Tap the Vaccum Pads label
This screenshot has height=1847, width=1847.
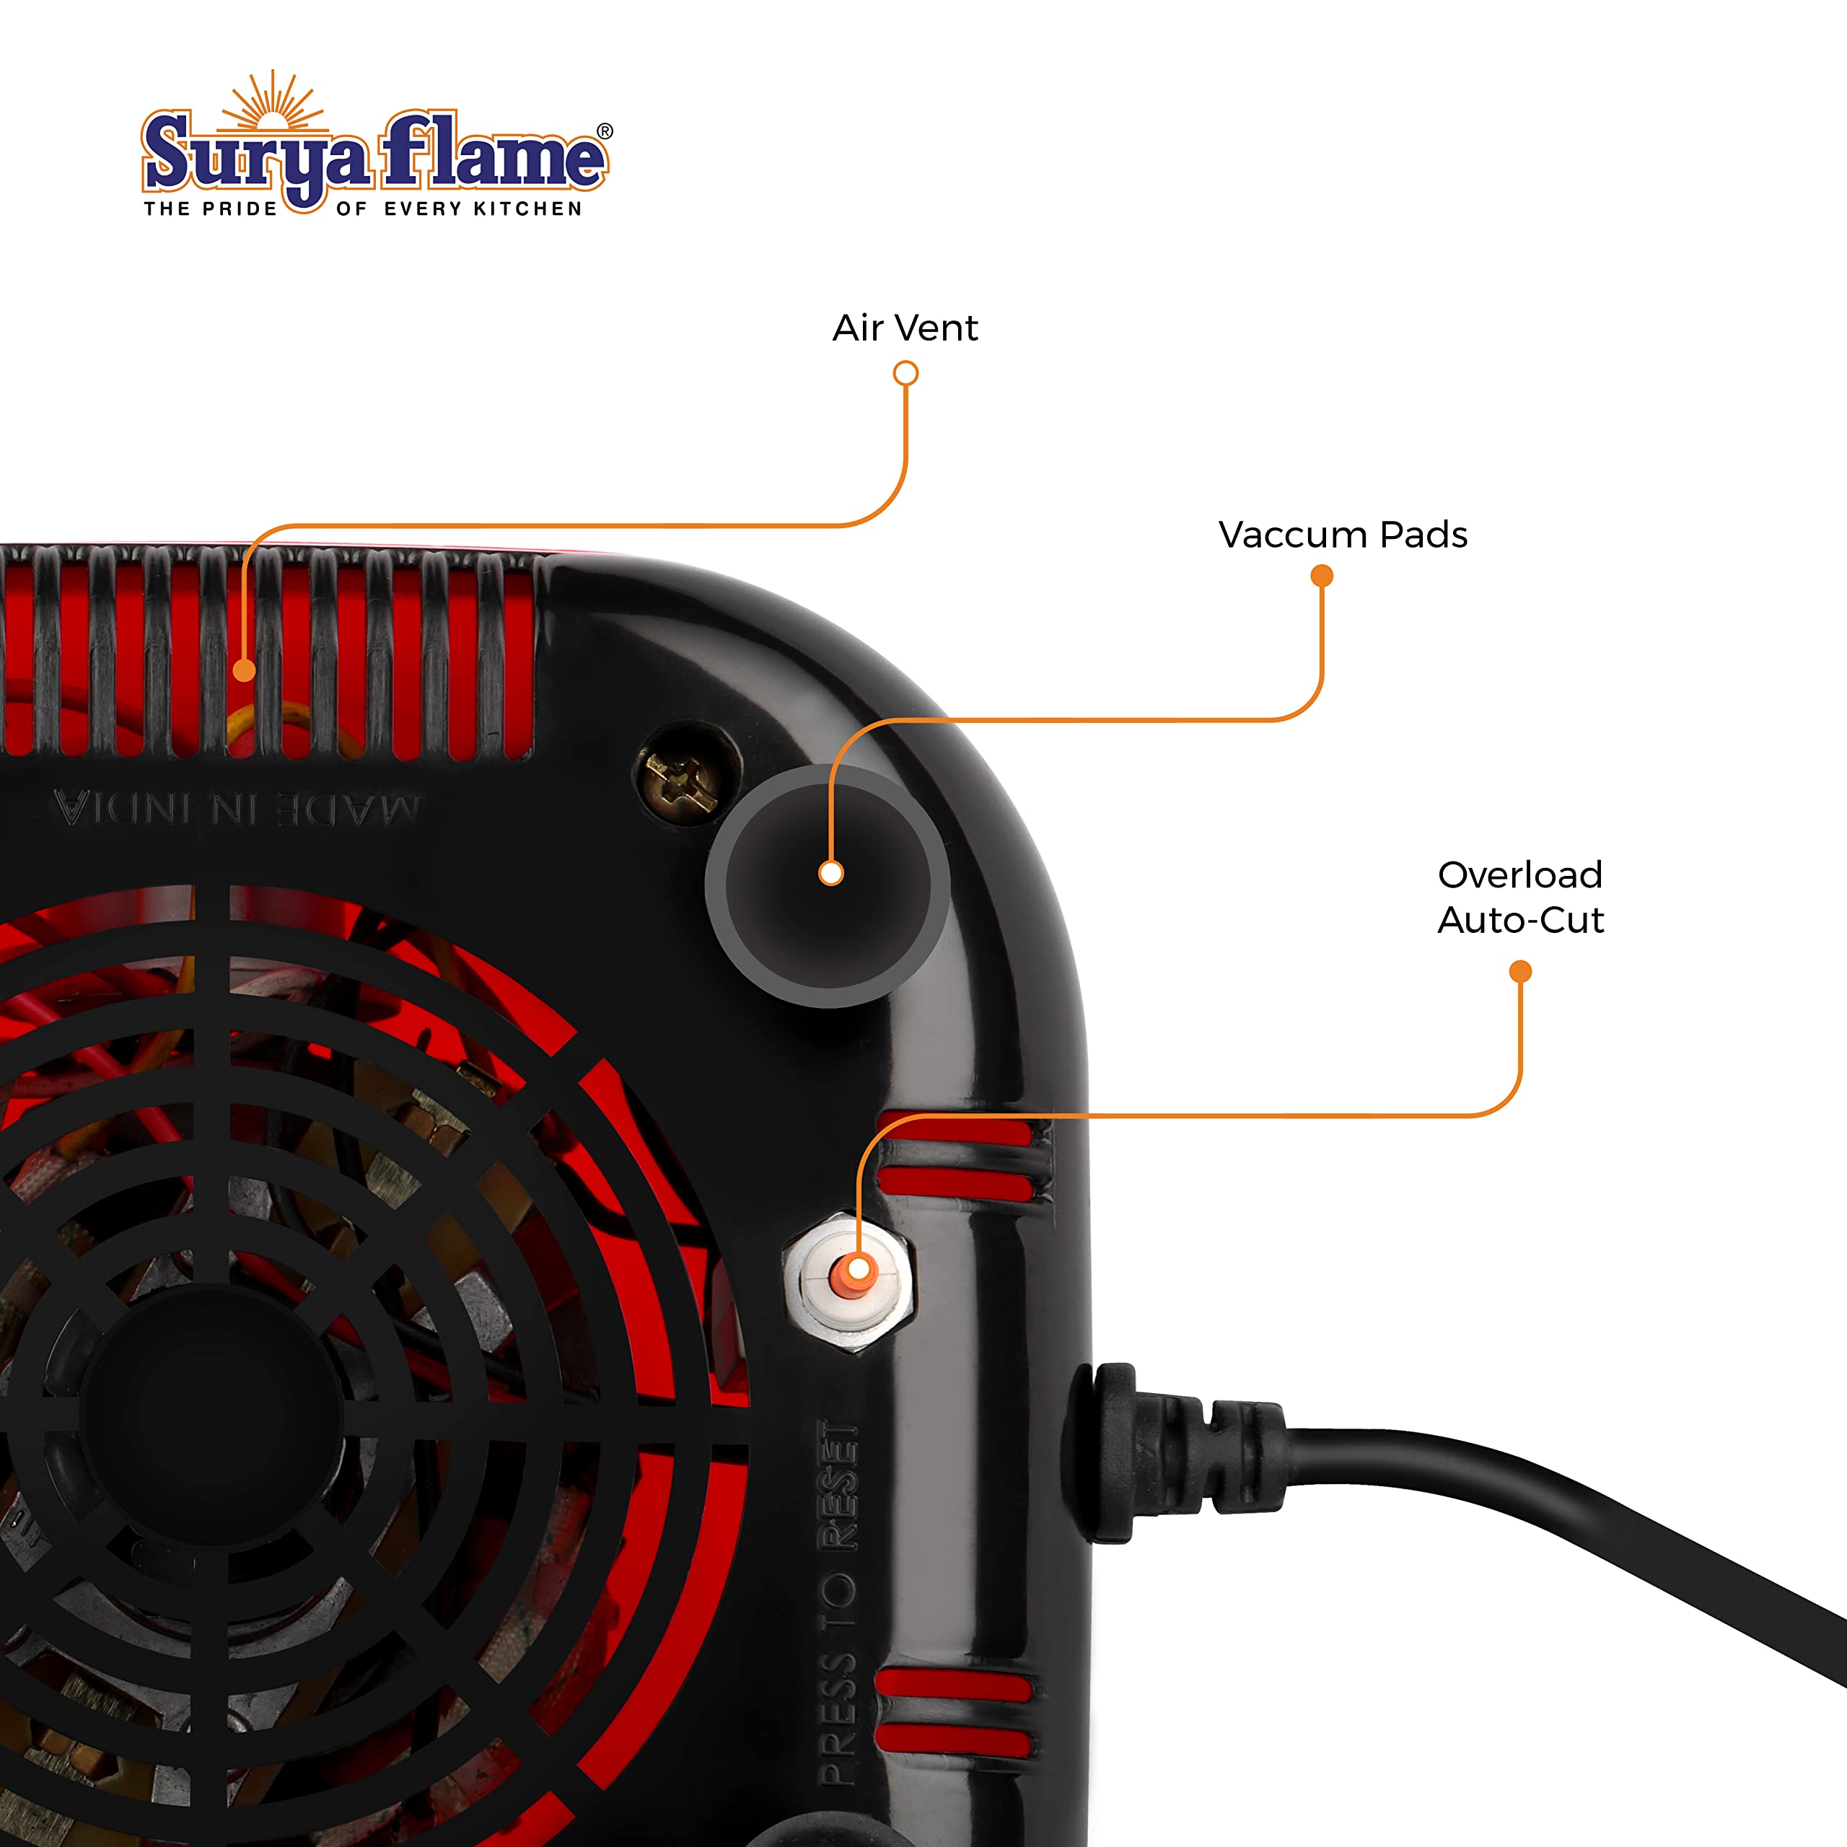[x=1342, y=535]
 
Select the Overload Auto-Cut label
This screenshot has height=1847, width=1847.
[x=1520, y=897]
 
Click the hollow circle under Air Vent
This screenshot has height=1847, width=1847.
[x=905, y=373]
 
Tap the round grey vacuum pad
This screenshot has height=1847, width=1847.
[x=827, y=885]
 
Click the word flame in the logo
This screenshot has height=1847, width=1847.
[x=494, y=151]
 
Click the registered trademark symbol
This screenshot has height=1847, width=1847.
[x=605, y=131]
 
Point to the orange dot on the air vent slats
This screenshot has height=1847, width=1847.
[x=244, y=671]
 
